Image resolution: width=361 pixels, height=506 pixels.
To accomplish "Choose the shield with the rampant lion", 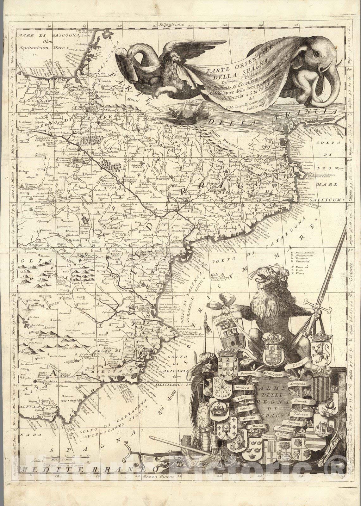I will click(x=322, y=352).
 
